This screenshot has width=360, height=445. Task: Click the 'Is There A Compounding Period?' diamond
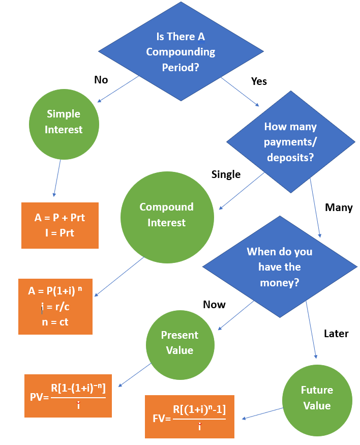click(x=181, y=51)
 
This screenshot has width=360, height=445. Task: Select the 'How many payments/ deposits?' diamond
click(x=290, y=142)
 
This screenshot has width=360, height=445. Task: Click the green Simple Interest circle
click(x=64, y=122)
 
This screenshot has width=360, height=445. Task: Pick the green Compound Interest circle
click(x=166, y=215)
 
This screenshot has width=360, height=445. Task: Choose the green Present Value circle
click(x=179, y=342)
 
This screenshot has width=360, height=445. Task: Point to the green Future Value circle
click(x=316, y=398)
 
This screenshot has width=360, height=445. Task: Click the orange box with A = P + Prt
click(x=59, y=225)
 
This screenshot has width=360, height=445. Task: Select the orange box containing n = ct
click(x=55, y=307)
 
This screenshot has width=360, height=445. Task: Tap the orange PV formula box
click(x=68, y=396)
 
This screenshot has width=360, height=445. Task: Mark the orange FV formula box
click(x=189, y=416)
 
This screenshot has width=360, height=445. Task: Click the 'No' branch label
click(x=101, y=80)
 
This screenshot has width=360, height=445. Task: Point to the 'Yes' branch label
click(x=259, y=81)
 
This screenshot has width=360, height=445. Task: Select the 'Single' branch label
click(x=226, y=174)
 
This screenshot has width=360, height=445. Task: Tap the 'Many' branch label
click(x=338, y=207)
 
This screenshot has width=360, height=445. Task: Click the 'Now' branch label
click(x=214, y=305)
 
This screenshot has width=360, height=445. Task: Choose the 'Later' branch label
click(x=336, y=334)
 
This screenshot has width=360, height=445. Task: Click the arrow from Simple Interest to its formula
click(x=57, y=178)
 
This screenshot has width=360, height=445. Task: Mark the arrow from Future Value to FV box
click(x=262, y=413)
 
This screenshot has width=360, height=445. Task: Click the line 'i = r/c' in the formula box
click(x=55, y=307)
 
